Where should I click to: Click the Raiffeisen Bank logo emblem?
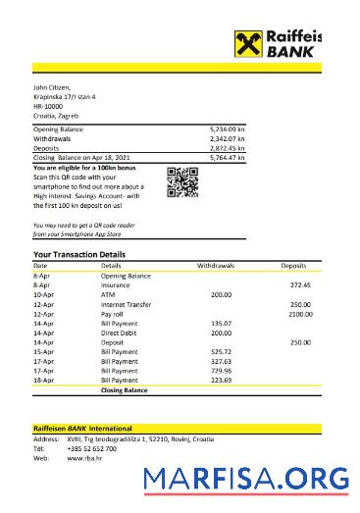pyautogui.click(x=247, y=44)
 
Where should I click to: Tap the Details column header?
pyautogui.click(x=111, y=266)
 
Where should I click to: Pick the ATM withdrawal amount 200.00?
pyautogui.click(x=221, y=294)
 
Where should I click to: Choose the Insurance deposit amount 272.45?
pyautogui.click(x=300, y=284)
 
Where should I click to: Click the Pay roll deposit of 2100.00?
pyautogui.click(x=299, y=314)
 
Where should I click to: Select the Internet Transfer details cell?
pyautogui.click(x=126, y=304)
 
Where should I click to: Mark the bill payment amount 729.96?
pyautogui.click(x=221, y=371)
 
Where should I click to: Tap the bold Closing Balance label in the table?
pyautogui.click(x=124, y=390)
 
